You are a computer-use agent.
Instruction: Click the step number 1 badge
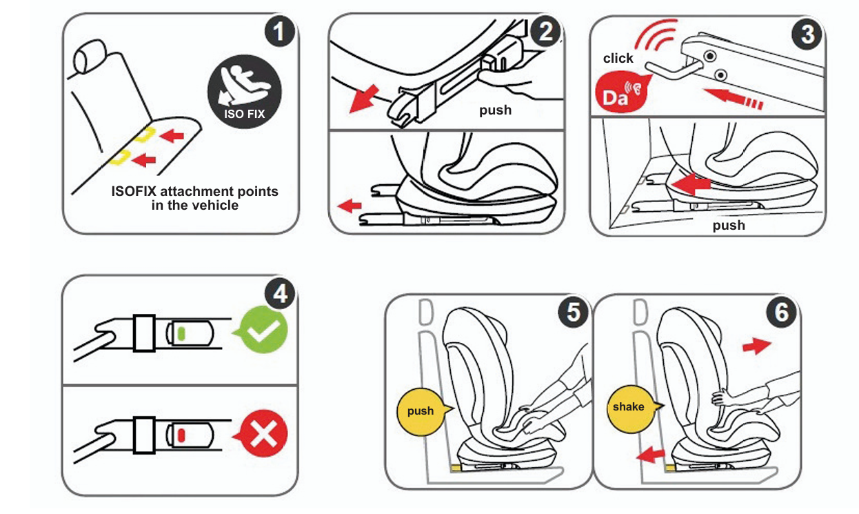[x=279, y=32]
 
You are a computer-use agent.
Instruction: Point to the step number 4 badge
[x=279, y=294]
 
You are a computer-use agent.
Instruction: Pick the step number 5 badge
[x=573, y=312]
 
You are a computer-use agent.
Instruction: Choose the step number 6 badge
[x=781, y=312]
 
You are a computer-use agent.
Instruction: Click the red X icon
[x=263, y=435]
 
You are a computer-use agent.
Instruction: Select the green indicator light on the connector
[x=182, y=333]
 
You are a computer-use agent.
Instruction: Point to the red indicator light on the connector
[x=182, y=435]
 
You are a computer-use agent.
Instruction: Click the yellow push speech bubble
[x=420, y=411]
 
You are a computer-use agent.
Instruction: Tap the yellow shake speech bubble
[x=629, y=407]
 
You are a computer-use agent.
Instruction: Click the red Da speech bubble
[x=620, y=93]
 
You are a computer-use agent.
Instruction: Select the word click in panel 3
[x=618, y=59]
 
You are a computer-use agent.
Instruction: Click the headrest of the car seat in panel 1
[x=89, y=57]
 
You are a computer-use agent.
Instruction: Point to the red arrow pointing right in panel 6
[x=757, y=346]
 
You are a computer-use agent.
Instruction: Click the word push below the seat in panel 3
[x=729, y=226]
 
